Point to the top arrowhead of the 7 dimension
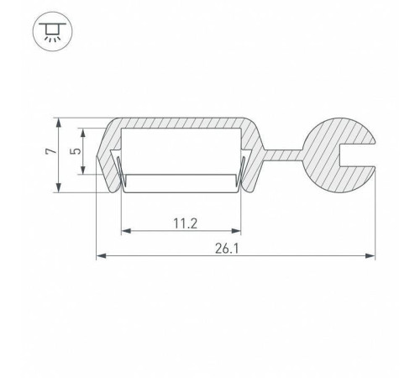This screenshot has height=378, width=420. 59,120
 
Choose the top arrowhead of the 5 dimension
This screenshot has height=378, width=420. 82,132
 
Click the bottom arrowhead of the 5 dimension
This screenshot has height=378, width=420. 82,173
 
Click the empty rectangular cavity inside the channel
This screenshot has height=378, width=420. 181,153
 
